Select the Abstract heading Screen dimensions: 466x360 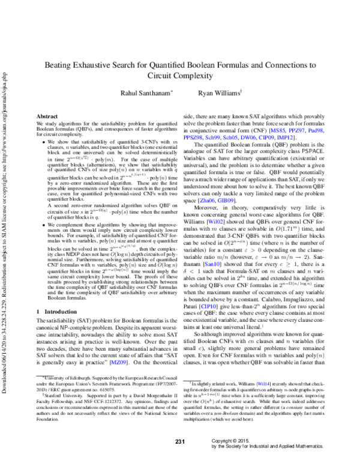point(47,115)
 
